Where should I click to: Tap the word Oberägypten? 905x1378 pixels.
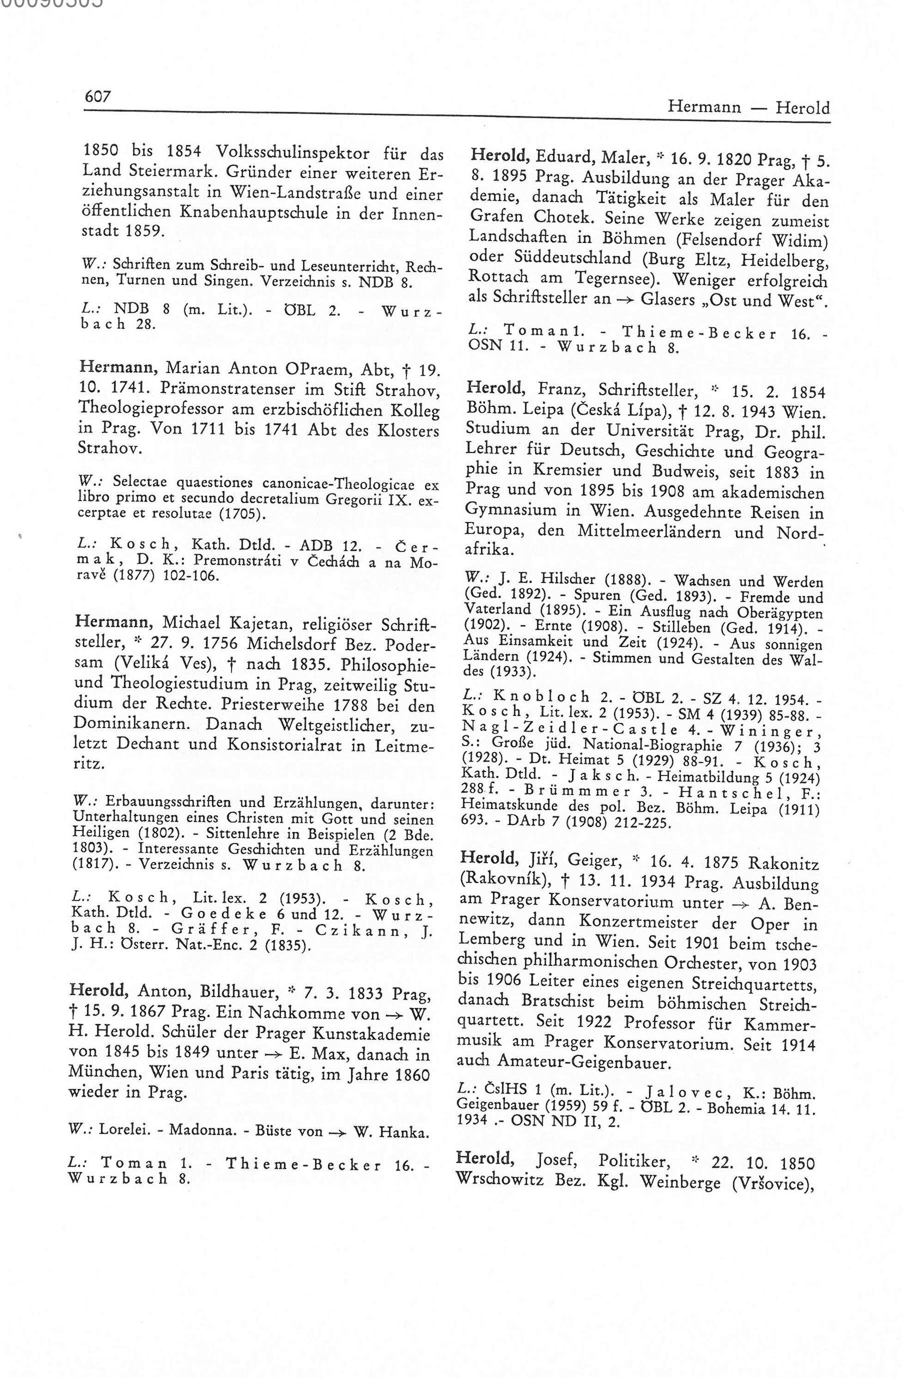pos(779,612)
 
